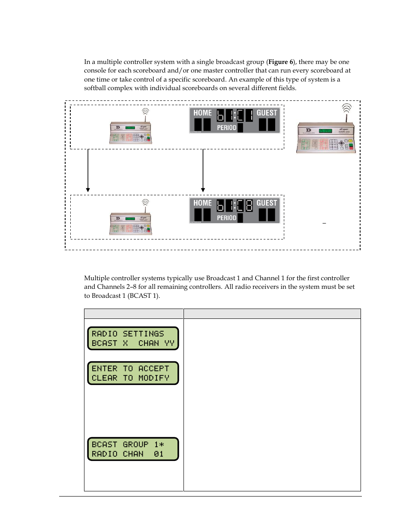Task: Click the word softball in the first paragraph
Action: point(95,88)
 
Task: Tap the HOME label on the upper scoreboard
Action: point(202,113)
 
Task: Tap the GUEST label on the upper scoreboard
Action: point(267,113)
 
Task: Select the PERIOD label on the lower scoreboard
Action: point(226,218)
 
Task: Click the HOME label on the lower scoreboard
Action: point(202,203)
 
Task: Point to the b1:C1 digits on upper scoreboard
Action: point(235,115)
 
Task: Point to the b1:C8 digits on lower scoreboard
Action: point(235,206)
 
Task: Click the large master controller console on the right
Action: point(326,138)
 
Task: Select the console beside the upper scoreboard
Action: point(131,133)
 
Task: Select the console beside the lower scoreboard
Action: point(131,223)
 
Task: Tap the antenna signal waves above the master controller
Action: point(346,107)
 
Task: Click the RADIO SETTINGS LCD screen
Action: point(133,339)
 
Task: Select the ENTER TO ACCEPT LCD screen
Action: point(133,373)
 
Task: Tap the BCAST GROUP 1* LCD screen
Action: point(133,449)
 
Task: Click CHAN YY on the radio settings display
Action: point(156,343)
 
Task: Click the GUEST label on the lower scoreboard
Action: point(267,203)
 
